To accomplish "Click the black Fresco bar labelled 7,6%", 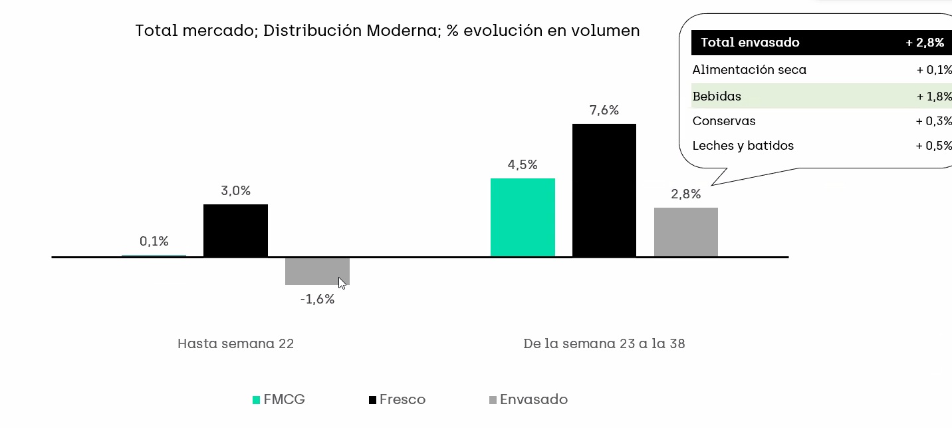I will [x=604, y=190].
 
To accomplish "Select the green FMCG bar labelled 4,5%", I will [x=523, y=217].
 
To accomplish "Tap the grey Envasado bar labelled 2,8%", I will [x=685, y=232].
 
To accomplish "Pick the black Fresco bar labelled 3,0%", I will [x=235, y=230].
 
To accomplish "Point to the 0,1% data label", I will [x=154, y=241].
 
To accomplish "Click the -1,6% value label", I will [x=317, y=300].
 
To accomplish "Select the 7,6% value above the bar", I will [x=604, y=110].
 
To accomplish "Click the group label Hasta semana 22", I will [x=235, y=343].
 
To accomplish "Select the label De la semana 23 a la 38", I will [x=604, y=343].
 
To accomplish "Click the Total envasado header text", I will [x=750, y=43].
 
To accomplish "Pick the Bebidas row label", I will [x=717, y=97].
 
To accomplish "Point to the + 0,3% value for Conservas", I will [x=933, y=121].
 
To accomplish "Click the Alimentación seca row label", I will [x=749, y=70].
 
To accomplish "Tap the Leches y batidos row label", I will [x=743, y=146].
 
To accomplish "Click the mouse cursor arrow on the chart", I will [x=342, y=283].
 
